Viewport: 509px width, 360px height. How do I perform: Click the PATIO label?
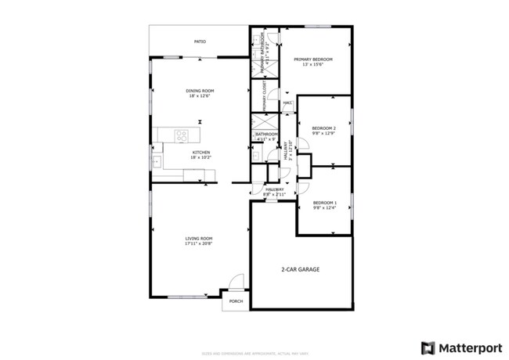200,41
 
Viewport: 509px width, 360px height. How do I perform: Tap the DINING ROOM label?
200,91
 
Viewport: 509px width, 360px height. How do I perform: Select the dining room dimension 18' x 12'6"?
200,96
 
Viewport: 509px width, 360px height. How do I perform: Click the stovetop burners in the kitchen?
182,135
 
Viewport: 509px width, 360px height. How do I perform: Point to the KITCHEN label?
200,152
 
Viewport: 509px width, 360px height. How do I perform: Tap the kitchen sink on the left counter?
157,162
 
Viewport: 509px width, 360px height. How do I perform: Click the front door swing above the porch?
233,284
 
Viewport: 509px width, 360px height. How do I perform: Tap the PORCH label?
236,302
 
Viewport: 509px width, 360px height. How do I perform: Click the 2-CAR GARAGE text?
301,269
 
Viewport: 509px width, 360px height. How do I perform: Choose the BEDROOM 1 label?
324,203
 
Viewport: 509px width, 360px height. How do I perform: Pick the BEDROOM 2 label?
323,128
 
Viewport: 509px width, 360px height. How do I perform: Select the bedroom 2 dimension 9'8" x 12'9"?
323,133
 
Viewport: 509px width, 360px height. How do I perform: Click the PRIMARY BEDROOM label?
313,59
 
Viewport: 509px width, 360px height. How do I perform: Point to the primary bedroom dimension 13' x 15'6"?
313,65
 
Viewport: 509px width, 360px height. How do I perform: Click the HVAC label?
287,103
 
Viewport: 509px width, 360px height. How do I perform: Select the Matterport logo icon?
428,347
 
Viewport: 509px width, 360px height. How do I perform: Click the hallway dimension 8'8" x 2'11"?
274,193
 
